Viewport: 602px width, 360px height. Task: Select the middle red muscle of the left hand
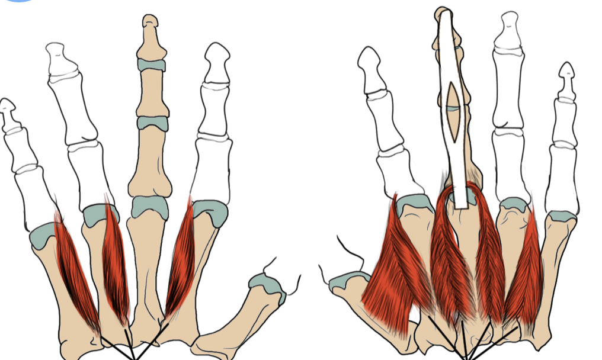115,261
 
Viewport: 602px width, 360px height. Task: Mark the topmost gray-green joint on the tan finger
152,65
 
